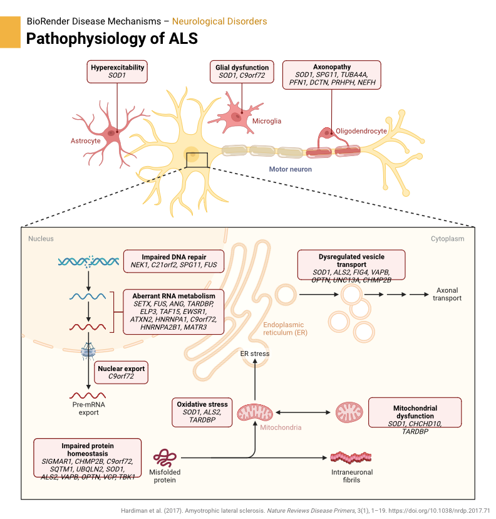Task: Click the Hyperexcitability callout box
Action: pos(117,71)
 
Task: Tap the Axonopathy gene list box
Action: pos(331,78)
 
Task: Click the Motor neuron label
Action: pos(290,169)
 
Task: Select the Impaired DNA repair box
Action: pos(173,260)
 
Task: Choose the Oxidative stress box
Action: pos(201,412)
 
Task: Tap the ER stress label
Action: pos(255,354)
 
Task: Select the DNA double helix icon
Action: pos(88,260)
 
